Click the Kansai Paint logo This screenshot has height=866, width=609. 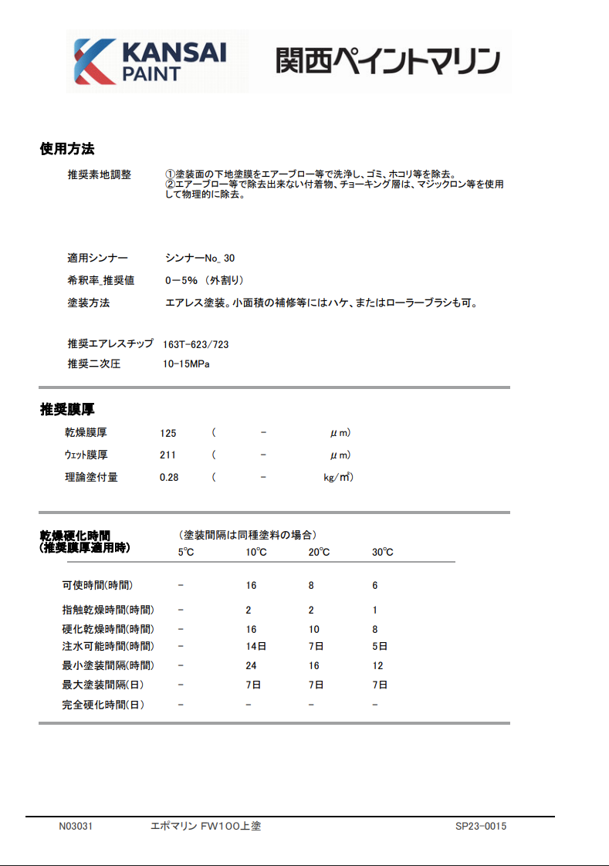[x=149, y=61]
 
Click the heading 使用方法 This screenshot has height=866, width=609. [x=67, y=148]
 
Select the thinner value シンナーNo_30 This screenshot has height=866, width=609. [x=200, y=258]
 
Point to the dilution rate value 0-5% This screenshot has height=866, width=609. [x=182, y=280]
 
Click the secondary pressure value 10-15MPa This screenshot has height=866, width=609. [x=186, y=364]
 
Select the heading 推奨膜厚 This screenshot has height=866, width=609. [x=67, y=409]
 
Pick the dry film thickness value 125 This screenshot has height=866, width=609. [x=168, y=433]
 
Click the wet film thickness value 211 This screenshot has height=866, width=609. [x=167, y=455]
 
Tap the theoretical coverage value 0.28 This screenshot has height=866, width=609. [x=169, y=478]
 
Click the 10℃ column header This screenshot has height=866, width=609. [x=256, y=552]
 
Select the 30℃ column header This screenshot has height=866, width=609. [x=382, y=552]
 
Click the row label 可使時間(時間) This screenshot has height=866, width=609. [x=102, y=586]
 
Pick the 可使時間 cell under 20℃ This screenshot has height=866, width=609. [x=311, y=586]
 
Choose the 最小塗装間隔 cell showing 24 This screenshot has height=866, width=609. [x=252, y=665]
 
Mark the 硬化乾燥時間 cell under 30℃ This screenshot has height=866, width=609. [x=375, y=629]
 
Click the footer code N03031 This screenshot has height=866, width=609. [x=76, y=827]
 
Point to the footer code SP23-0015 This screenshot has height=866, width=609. [x=480, y=827]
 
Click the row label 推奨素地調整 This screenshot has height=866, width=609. [x=99, y=175]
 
